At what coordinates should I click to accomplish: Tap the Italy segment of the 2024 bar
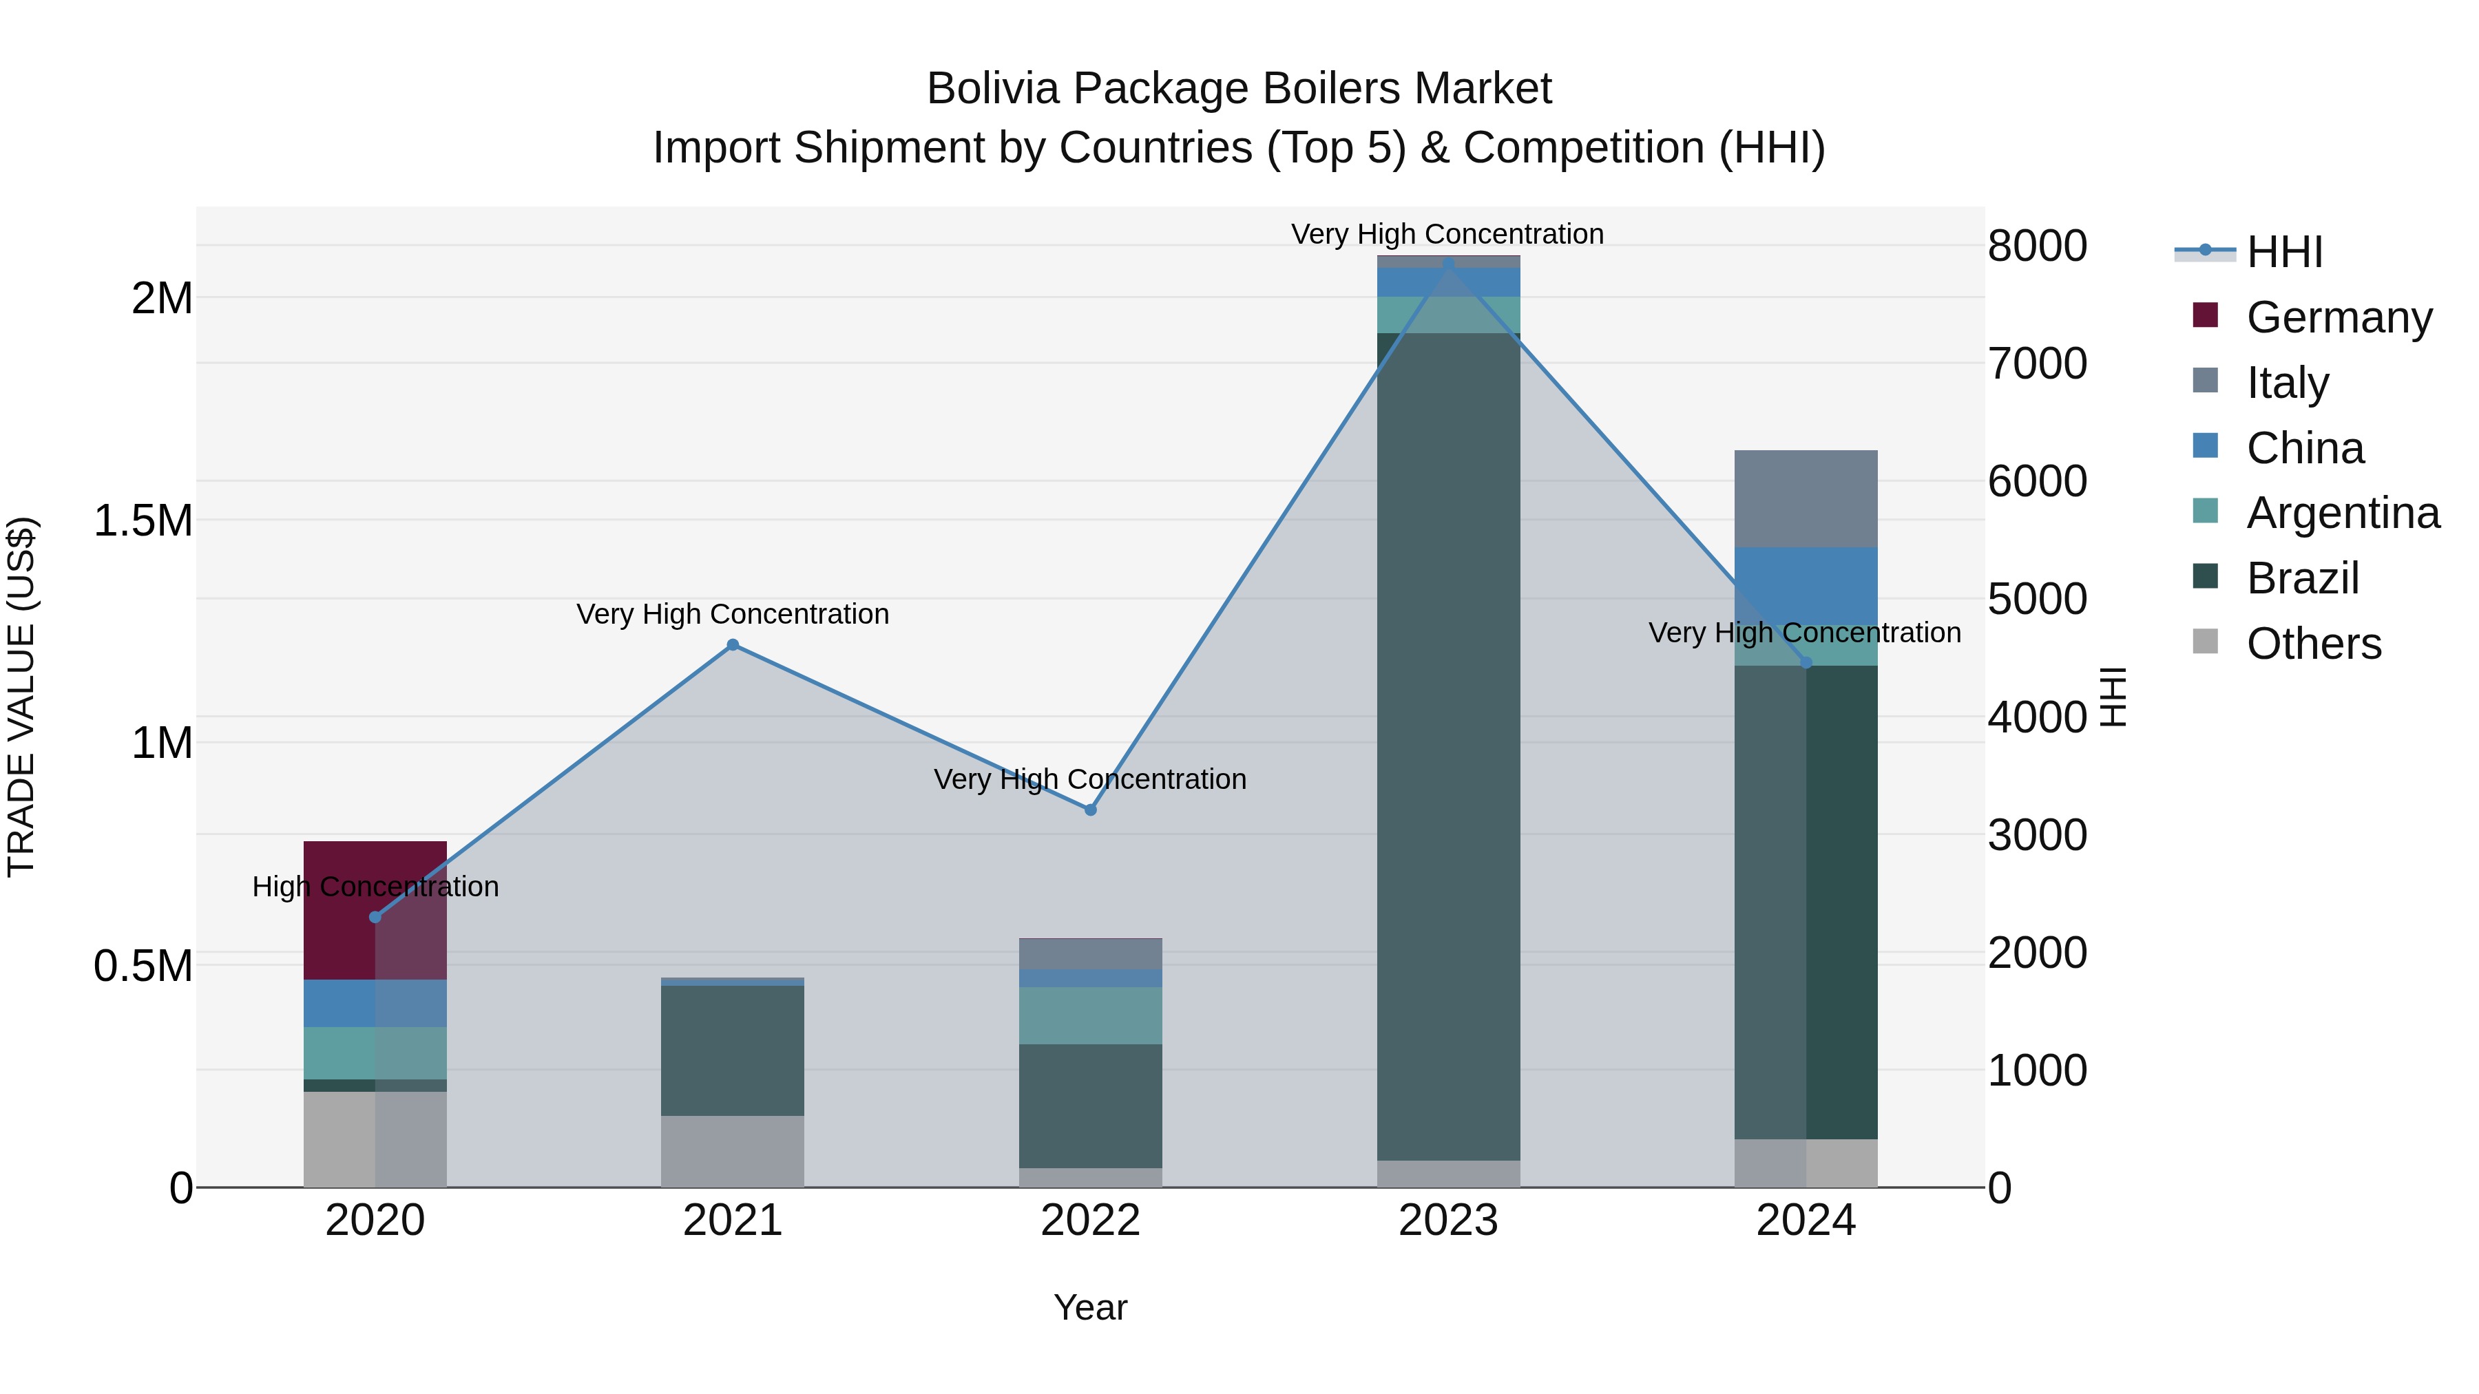coord(1806,498)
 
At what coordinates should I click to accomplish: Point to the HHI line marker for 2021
coord(733,644)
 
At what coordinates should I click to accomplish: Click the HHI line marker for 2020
coord(375,917)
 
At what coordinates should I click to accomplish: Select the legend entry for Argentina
coord(2343,513)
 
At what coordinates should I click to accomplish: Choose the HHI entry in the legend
coord(2283,252)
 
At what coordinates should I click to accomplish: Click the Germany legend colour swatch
coord(2205,315)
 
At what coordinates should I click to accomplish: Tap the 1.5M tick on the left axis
coord(143,520)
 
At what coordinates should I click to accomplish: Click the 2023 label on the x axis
coord(1448,1221)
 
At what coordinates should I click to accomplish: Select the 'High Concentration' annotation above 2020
coord(375,886)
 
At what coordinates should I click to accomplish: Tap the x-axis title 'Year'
coord(1089,1307)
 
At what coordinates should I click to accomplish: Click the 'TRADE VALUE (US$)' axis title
coord(21,697)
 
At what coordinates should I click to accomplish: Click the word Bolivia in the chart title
coord(992,89)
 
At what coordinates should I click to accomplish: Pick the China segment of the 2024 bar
coord(1806,587)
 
